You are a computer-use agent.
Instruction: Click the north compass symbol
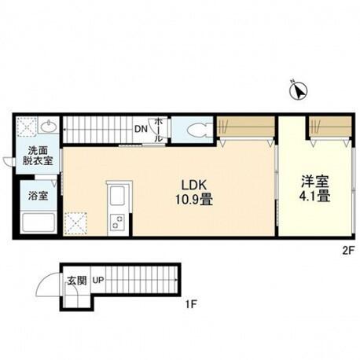298,90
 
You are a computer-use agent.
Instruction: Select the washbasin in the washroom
48,127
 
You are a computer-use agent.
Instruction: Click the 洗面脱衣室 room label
38,156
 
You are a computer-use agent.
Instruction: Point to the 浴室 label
39,196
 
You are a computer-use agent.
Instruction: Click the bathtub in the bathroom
39,222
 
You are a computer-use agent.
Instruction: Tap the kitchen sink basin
118,196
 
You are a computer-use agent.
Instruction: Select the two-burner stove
117,222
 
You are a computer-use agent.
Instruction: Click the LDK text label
194,186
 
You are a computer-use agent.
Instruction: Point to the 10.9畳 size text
194,200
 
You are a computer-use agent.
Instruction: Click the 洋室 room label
315,182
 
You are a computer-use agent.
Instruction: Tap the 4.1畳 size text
314,197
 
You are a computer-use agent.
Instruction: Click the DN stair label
141,129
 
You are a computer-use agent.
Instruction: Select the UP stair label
98,281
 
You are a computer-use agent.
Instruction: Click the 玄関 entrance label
77,281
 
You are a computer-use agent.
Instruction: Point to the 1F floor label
191,304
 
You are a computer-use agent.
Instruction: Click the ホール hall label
158,130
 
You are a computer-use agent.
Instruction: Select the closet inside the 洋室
330,127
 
